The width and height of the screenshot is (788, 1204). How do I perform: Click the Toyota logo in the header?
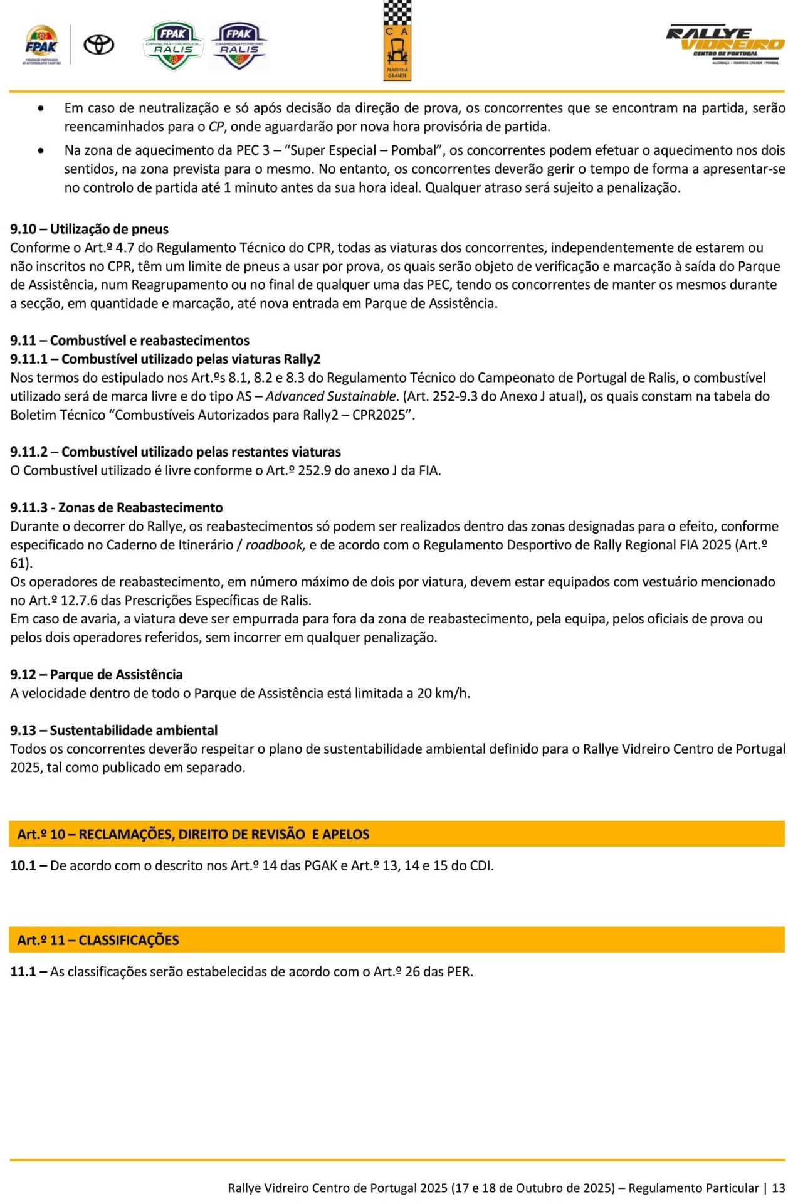(x=99, y=45)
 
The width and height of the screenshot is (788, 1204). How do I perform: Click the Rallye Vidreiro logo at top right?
(x=725, y=45)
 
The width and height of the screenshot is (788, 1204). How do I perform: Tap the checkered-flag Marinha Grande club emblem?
(x=397, y=41)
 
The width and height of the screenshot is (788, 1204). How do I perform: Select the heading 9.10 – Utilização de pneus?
(x=89, y=229)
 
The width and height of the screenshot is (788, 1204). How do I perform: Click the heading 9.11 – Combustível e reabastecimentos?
(x=130, y=340)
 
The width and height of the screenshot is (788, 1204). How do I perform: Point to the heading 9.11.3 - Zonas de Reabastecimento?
(x=117, y=507)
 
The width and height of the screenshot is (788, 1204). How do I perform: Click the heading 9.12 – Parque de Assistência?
(x=97, y=674)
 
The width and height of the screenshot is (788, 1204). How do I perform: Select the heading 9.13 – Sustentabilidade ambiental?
(x=114, y=730)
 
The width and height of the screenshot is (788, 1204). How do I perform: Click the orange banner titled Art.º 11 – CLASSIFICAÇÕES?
(x=396, y=939)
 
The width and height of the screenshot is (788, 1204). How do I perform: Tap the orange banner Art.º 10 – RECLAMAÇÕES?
(x=396, y=833)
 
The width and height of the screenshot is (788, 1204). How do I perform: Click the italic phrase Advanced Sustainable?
(x=331, y=396)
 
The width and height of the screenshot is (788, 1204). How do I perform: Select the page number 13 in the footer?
(x=778, y=1188)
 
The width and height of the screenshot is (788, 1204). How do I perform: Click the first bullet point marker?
(x=41, y=108)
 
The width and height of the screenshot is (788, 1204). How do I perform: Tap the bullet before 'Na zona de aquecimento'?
(x=41, y=150)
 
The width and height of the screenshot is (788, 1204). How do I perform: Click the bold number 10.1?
(x=23, y=865)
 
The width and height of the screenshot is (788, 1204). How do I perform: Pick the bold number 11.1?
(x=23, y=971)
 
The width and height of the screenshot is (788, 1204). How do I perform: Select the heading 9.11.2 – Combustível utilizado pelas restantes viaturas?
(x=176, y=451)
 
